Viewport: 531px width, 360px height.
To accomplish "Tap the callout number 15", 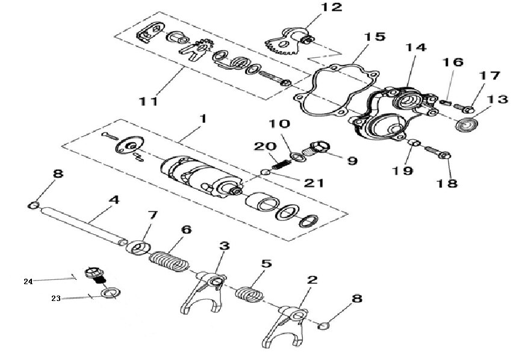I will pyautogui.click(x=374, y=37).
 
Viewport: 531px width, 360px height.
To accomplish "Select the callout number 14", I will pyautogui.click(x=415, y=48).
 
